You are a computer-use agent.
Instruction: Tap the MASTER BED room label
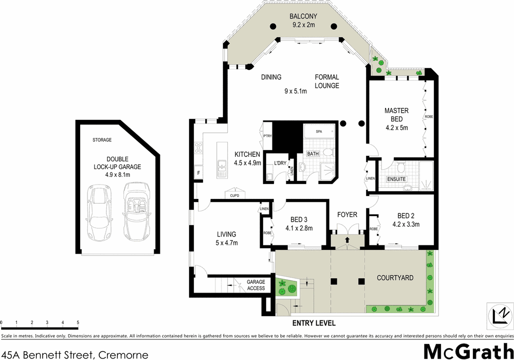(396, 115)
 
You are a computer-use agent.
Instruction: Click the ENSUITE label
(396, 179)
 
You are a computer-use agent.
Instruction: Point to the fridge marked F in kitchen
(199, 173)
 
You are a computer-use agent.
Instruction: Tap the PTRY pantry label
(267, 136)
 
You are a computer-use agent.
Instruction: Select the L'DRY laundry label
(280, 163)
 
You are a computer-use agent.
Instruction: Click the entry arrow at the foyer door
(347, 240)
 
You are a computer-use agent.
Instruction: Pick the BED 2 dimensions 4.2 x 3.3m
(406, 224)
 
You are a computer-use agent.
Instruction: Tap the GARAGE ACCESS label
(256, 285)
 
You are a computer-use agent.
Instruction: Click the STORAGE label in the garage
(102, 140)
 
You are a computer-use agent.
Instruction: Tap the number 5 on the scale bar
(78, 322)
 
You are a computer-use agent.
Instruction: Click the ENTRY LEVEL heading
(314, 323)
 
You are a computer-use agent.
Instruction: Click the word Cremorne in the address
(123, 354)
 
